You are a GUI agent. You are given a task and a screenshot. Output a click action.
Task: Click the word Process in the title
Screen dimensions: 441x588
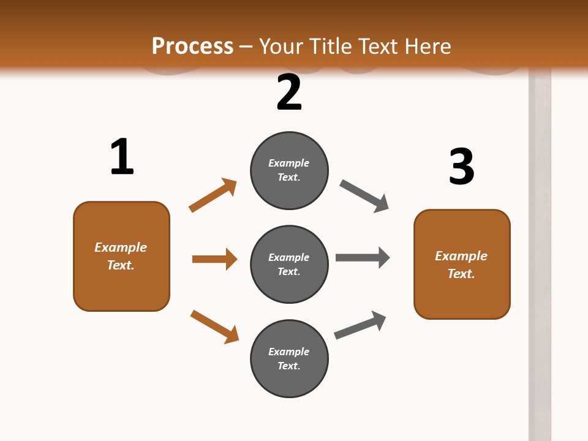pos(192,46)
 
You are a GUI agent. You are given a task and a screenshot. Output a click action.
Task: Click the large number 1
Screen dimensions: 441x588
pos(122,157)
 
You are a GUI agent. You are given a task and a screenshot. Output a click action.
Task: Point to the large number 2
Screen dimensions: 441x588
pos(289,92)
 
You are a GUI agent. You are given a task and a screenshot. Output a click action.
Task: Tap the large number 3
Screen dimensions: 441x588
pos(461,167)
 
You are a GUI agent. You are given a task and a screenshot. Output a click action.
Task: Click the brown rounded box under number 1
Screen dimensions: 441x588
pos(121,256)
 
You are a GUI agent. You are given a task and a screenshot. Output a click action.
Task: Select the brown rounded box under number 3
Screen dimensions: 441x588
pos(462,264)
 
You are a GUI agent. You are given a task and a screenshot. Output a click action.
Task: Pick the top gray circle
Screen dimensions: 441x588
pos(289,170)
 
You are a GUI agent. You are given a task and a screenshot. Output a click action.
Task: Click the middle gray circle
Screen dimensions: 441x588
pos(289,264)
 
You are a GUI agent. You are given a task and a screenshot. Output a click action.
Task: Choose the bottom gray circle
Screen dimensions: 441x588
pos(289,358)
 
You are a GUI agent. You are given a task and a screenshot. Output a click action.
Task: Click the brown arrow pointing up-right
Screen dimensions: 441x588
pos(213,195)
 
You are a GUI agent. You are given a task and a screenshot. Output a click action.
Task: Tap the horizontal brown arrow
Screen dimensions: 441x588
pos(214,259)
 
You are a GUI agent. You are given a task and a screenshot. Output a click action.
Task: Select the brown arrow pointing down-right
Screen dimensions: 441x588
pos(214,326)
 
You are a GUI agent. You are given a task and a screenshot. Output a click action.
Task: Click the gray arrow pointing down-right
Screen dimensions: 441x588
pos(364,196)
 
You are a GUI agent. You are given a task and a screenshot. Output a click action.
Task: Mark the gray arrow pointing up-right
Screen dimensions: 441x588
pos(360,325)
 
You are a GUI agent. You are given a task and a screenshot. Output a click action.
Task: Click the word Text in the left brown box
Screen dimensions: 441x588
pos(120,265)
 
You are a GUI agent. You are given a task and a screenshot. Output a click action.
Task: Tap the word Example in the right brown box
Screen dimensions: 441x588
pos(461,255)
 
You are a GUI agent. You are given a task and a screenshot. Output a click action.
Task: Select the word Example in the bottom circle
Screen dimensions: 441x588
pos(289,352)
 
